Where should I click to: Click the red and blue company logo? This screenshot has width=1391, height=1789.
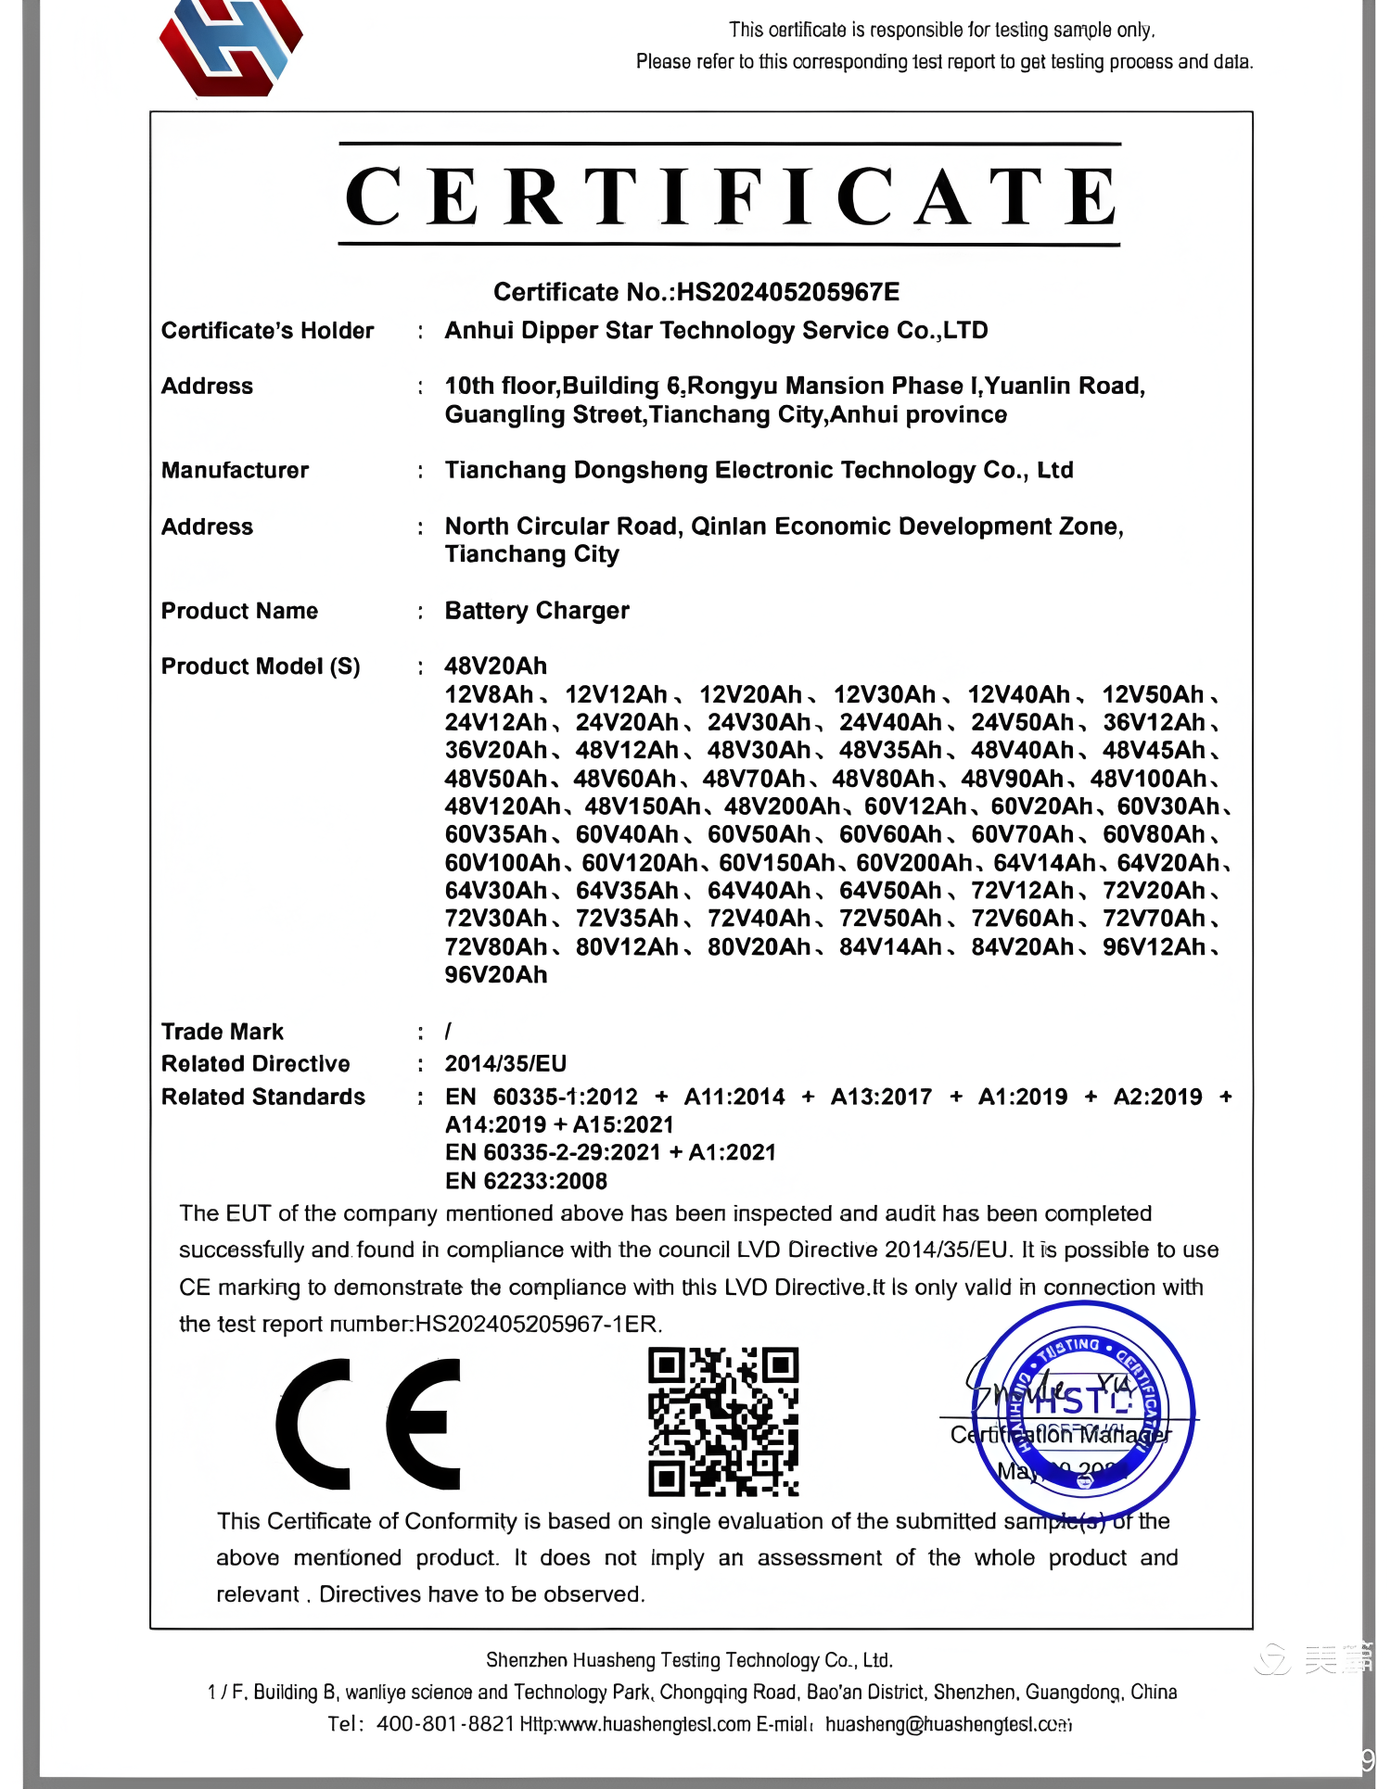(231, 46)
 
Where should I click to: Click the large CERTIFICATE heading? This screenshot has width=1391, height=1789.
(730, 196)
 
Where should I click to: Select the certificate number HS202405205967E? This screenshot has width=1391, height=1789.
(787, 292)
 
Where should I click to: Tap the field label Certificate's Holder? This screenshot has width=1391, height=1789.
(267, 331)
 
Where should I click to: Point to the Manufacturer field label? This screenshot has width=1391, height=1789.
(235, 470)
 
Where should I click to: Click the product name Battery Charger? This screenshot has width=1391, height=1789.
(537, 611)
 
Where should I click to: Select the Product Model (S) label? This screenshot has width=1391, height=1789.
(261, 666)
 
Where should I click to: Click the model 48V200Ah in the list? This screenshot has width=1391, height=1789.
(782, 806)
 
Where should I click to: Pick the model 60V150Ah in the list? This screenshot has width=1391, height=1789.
(776, 863)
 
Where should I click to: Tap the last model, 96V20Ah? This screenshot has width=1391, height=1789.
(496, 975)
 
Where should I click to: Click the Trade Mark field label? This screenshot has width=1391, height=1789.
(223, 1032)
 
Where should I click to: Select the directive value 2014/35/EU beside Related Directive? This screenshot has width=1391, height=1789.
(505, 1064)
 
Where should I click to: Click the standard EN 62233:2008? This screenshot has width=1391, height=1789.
(526, 1181)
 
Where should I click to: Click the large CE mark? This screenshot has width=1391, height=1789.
(369, 1424)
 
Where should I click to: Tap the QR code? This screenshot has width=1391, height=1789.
(722, 1422)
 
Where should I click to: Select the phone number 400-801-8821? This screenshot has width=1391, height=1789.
(445, 1724)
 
